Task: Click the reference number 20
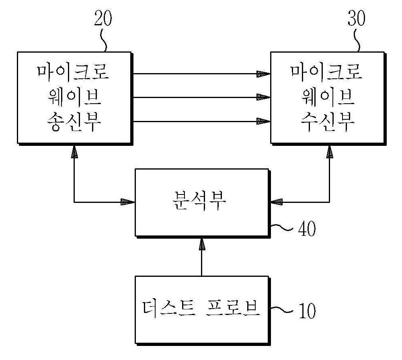[103, 18]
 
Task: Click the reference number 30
[356, 18]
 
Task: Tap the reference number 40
[307, 229]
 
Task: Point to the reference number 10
[307, 311]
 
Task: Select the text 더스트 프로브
[201, 308]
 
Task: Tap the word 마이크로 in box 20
[73, 72]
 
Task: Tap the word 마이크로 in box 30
[326, 72]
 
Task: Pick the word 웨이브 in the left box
[74, 97]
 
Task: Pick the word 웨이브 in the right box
[328, 97]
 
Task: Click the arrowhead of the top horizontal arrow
[264, 74]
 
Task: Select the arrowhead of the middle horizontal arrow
[264, 97]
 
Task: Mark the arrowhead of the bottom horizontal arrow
[264, 121]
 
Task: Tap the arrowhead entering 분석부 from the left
[128, 202]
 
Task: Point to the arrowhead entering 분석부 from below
[201, 244]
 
